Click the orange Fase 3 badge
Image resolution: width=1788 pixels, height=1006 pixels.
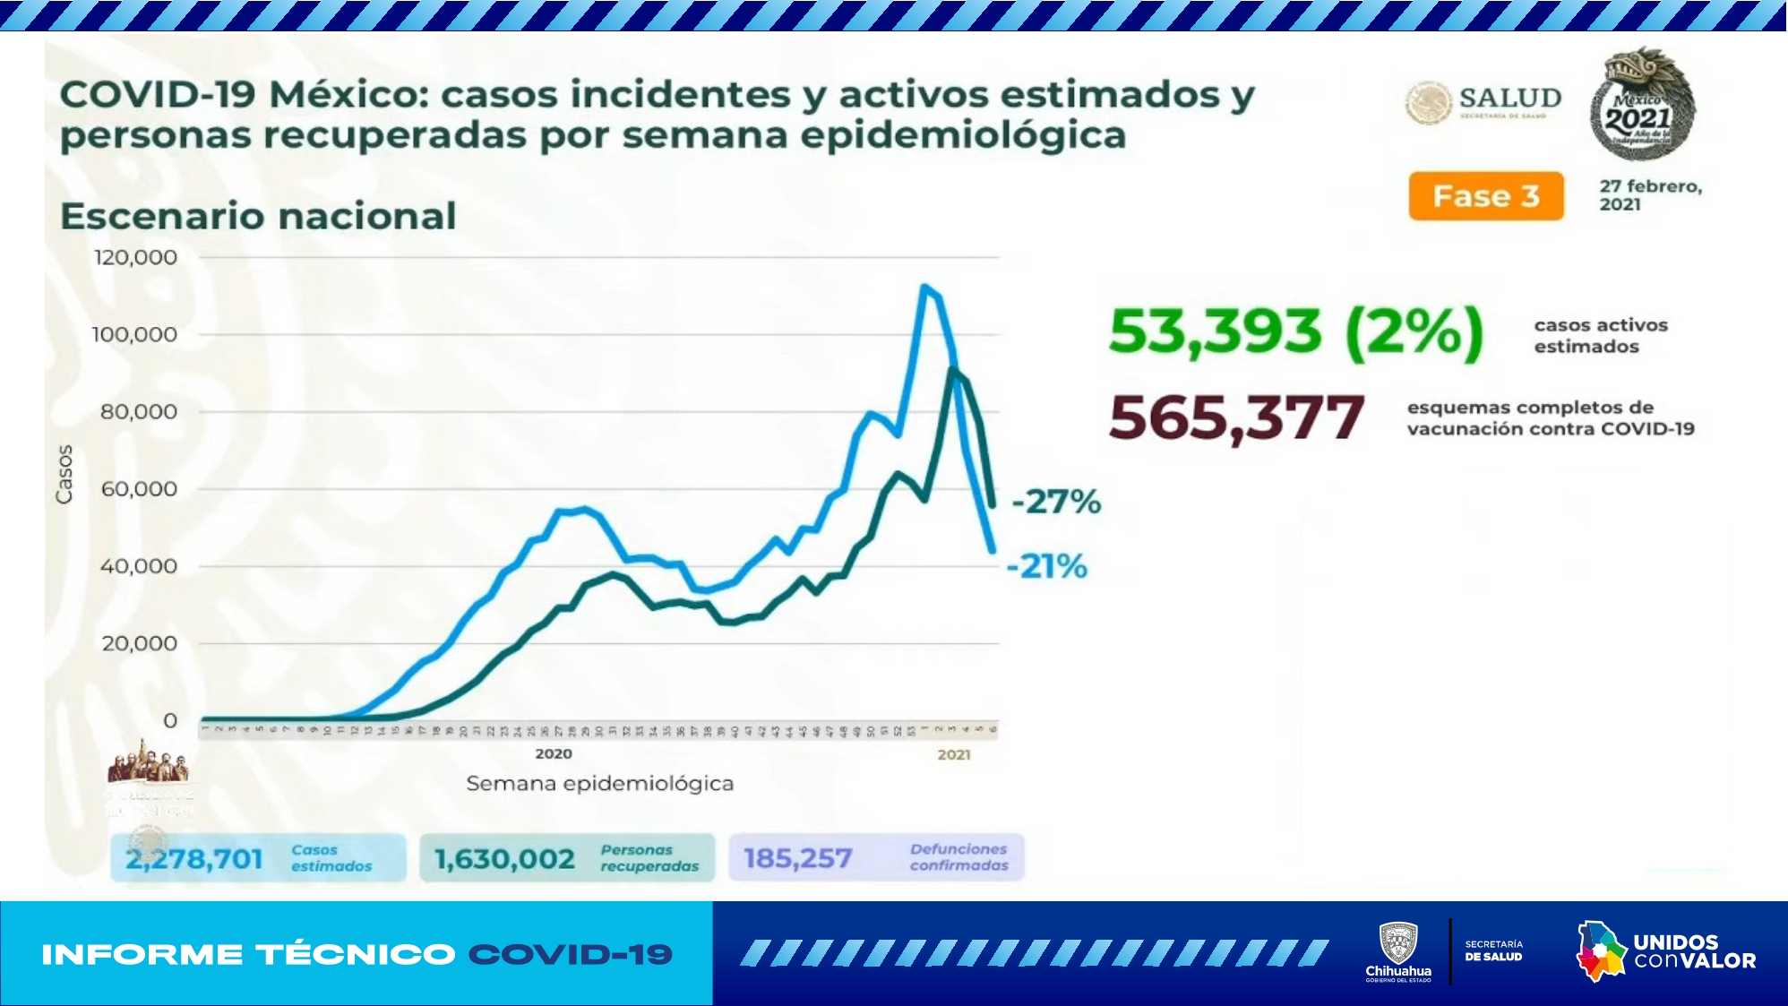click(x=1485, y=196)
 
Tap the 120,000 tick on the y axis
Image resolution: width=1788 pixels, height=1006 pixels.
click(x=135, y=258)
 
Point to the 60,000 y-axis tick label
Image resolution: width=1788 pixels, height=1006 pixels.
click(x=139, y=489)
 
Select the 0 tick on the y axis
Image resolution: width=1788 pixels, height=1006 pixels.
click(x=170, y=721)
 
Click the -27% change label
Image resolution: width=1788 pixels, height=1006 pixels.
click(x=1056, y=502)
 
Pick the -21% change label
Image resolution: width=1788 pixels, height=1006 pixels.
click(x=1046, y=566)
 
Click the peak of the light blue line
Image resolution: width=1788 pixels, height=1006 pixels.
click(x=924, y=287)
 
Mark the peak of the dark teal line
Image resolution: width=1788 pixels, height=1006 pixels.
click(x=951, y=369)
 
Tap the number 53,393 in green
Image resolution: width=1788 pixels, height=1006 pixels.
click(x=1215, y=331)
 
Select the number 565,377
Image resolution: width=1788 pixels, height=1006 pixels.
click(x=1236, y=418)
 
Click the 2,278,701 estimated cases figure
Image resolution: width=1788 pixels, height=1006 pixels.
click(x=194, y=859)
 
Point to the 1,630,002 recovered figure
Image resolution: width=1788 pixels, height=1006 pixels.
click(x=504, y=859)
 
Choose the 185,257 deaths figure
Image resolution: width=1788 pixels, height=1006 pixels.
click(x=797, y=858)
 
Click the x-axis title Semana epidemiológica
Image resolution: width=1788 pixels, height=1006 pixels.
click(x=599, y=784)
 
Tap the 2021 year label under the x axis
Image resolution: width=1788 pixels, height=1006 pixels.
click(x=954, y=754)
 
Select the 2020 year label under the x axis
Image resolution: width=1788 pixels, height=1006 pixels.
click(x=554, y=753)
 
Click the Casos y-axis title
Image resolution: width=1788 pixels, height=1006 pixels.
click(x=64, y=474)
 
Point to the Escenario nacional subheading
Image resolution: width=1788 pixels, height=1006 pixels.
click(x=258, y=217)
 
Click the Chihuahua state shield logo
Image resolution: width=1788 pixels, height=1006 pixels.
click(x=1397, y=945)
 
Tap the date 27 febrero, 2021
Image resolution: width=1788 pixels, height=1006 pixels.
click(x=1650, y=195)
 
